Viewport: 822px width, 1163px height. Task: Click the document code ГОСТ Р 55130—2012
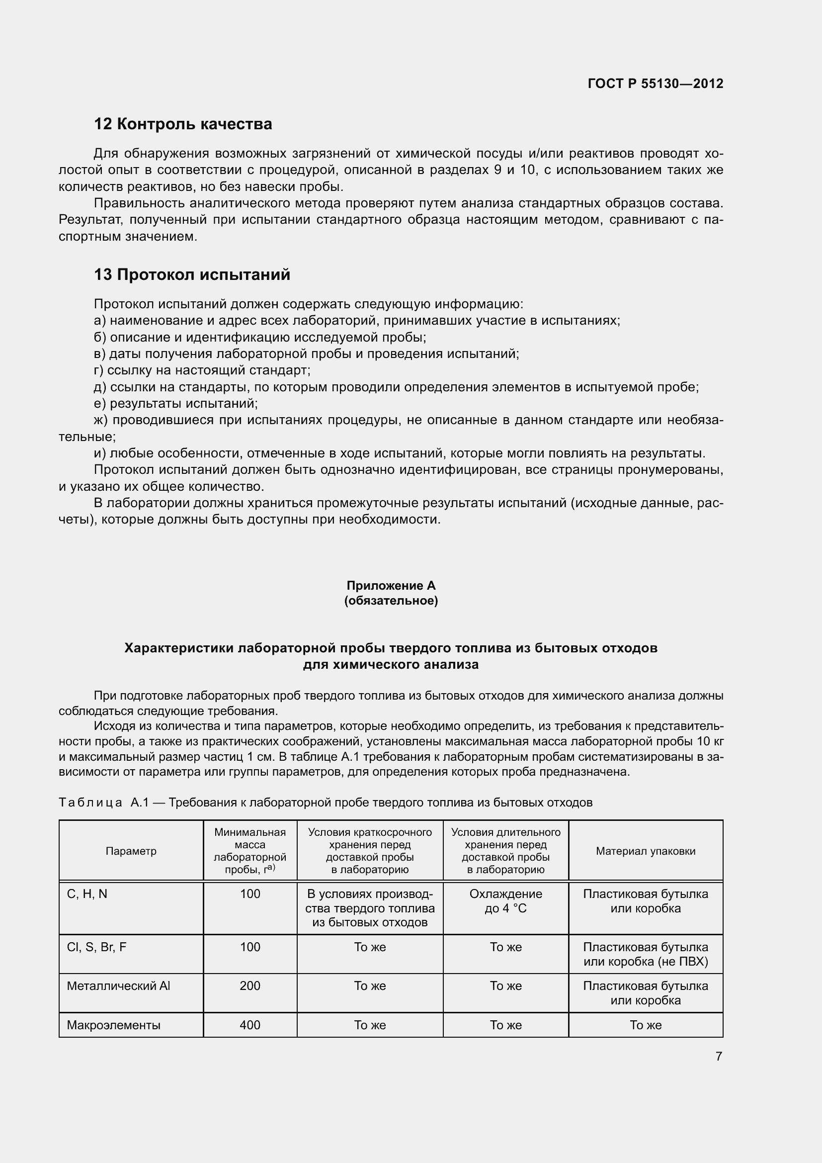tap(655, 84)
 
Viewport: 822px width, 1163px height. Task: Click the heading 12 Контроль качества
tap(183, 124)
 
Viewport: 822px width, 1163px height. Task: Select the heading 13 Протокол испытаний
tap(192, 274)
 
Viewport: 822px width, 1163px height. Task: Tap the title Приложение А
tap(391, 586)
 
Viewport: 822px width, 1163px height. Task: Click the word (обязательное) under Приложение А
tap(391, 601)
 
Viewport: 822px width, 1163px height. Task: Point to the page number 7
tap(719, 1057)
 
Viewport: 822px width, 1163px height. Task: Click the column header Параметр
tap(131, 851)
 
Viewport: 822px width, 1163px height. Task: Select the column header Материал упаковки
tap(646, 851)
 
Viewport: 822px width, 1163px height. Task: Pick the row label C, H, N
tap(87, 894)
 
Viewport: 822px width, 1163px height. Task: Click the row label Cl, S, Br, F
tap(97, 947)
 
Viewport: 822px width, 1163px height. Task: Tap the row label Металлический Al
tap(118, 985)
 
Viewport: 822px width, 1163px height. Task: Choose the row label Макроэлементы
tap(113, 1025)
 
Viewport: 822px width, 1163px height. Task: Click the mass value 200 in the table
tap(249, 985)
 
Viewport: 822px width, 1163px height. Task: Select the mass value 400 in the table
tap(249, 1025)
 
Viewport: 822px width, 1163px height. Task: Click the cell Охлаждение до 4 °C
tap(505, 901)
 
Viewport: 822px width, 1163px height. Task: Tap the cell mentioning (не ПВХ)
tap(646, 954)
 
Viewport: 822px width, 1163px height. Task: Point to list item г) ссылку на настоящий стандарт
tap(202, 370)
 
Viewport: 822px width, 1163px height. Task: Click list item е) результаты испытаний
tap(176, 404)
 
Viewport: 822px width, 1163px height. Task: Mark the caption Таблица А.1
tap(325, 803)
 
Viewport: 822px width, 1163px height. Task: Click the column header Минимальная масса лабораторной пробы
tap(249, 851)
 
